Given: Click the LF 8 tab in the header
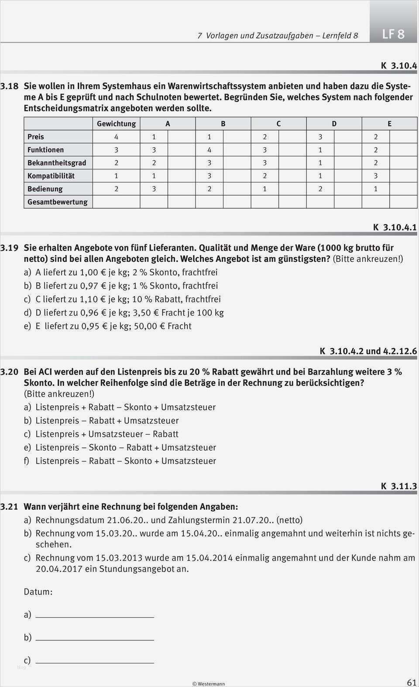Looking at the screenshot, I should tap(393, 34).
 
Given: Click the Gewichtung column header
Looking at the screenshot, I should tap(116, 124).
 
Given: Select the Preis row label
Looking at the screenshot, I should tap(36, 137).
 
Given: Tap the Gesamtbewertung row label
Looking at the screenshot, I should tap(57, 202).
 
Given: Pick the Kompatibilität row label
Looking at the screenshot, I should tap(51, 175).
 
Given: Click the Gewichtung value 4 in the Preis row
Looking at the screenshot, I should tap(116, 137).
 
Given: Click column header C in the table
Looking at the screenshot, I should tap(278, 124).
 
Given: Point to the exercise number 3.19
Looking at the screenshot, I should tap(9, 247).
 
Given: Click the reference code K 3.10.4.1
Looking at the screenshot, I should tap(395, 227).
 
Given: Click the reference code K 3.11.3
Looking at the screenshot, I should tap(399, 486).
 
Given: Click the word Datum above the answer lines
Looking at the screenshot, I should tap(38, 592).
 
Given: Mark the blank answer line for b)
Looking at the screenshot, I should tap(95, 639).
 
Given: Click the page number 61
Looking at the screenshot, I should tap(411, 682).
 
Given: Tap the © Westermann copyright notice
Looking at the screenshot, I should tap(209, 684).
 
